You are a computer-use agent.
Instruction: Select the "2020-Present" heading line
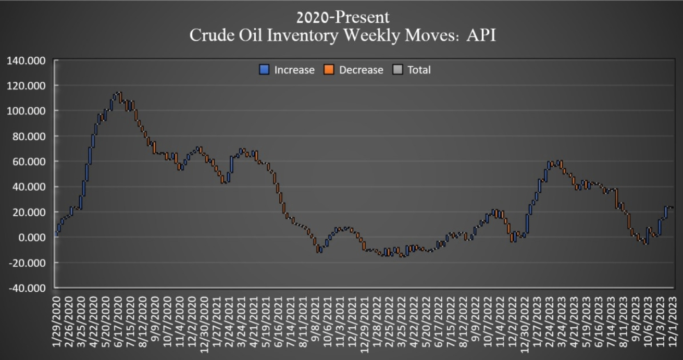click(342, 17)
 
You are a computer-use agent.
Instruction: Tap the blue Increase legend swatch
click(264, 70)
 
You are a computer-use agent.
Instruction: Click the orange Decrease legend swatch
click(329, 70)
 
